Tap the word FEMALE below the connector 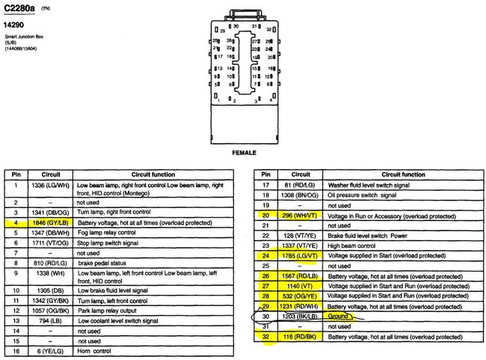244,152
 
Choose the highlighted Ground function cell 341,317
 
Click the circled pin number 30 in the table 265,317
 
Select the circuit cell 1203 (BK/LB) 298,317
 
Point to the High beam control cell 351,244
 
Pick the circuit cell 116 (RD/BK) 298,338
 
